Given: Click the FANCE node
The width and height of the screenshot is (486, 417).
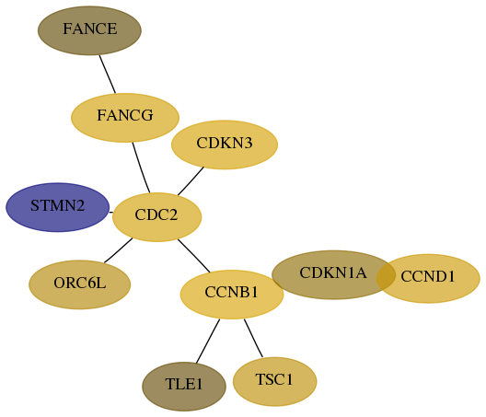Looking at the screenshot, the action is [89, 30].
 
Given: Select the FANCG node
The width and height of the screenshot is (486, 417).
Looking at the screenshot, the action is [125, 118].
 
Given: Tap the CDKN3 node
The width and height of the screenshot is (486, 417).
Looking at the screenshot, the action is [225, 145].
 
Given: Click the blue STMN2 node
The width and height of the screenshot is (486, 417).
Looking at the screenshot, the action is [58, 207].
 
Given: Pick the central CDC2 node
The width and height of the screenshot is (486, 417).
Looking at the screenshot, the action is [156, 217].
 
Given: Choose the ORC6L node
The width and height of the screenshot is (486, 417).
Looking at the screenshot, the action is [80, 284].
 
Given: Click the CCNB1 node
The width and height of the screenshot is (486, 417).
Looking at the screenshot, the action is [232, 295].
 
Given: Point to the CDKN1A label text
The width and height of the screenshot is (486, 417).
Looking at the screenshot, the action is [333, 272].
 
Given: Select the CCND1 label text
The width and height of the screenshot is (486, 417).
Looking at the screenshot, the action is [428, 276].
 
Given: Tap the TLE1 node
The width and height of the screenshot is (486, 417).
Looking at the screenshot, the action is [184, 387].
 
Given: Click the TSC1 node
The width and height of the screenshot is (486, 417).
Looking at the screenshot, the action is [274, 381].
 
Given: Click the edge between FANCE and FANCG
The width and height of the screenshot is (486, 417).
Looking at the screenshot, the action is [108, 74].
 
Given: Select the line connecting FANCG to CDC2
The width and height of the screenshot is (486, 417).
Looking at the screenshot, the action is [141, 168].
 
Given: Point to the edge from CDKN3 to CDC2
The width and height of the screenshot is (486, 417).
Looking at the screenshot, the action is [191, 181].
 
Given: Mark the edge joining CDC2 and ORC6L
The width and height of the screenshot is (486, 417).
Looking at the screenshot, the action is [118, 250].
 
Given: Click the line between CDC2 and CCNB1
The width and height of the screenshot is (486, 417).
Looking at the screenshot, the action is [193, 256].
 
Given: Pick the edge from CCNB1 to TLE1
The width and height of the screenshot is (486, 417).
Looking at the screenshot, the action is [208, 341].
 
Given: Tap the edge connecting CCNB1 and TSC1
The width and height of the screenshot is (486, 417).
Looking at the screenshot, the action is [253, 338].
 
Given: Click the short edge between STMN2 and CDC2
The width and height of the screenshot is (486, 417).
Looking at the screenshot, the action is [111, 213].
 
